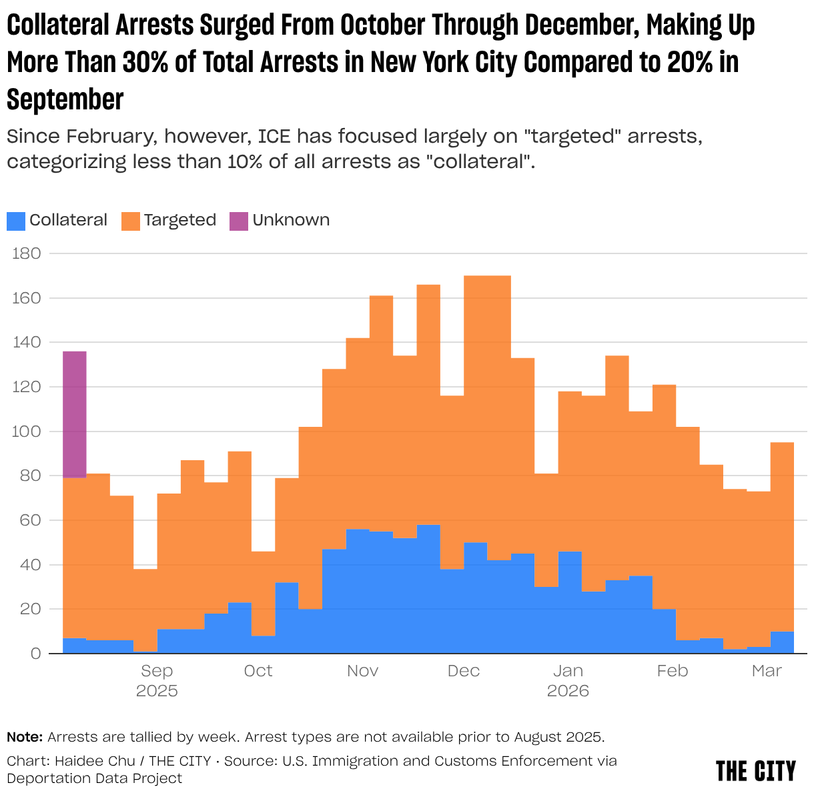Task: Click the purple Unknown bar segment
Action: point(75,414)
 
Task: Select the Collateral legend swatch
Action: point(16,221)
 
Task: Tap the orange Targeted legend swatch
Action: point(130,221)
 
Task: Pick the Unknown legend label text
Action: point(291,220)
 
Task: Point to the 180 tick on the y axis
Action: point(27,253)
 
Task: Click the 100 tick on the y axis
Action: point(27,432)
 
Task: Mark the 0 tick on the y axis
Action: point(35,654)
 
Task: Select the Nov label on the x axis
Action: point(362,671)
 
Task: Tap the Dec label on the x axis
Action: point(464,671)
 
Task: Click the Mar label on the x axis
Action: point(767,671)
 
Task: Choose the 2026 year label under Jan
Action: point(568,691)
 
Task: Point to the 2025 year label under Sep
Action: point(157,691)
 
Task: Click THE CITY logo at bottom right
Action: point(756,771)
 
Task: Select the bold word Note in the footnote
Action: point(25,737)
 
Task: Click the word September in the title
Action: point(65,99)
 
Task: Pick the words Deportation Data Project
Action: point(94,778)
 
